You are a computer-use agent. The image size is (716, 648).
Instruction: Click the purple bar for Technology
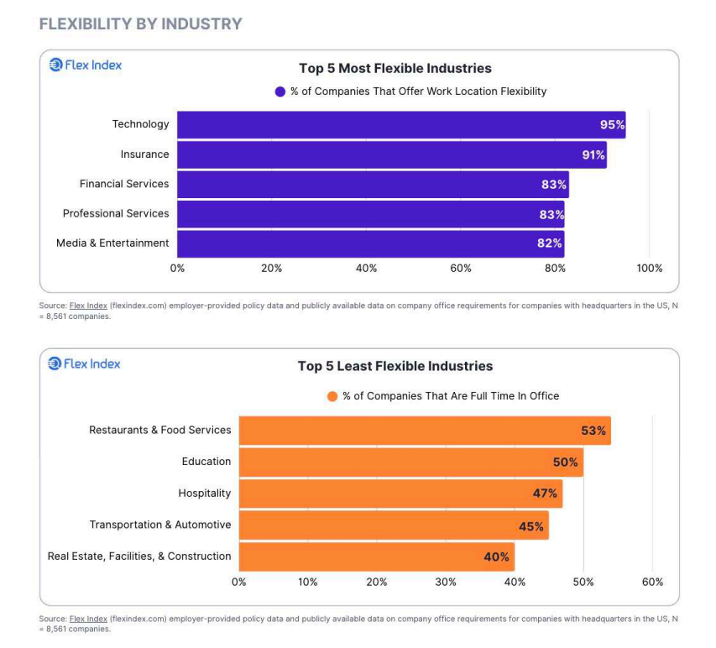[400, 125]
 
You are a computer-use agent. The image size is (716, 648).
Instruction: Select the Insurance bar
[391, 154]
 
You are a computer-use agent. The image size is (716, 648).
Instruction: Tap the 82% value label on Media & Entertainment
[550, 243]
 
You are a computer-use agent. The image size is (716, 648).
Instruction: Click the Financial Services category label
[124, 184]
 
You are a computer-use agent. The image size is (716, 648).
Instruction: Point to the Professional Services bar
[370, 214]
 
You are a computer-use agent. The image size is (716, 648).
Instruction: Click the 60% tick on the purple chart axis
[461, 269]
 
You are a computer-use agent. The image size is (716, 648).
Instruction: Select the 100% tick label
[649, 269]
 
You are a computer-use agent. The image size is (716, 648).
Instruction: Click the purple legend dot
[280, 91]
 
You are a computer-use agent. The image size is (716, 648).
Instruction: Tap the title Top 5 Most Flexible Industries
[395, 69]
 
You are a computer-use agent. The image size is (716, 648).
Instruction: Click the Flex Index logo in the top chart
[85, 65]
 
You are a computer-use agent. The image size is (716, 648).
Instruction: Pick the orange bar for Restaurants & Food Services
[424, 431]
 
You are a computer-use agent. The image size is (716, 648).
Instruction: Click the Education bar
[410, 462]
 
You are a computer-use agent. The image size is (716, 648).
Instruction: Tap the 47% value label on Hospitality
[545, 494]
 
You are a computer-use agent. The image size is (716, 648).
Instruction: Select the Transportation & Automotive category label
[160, 525]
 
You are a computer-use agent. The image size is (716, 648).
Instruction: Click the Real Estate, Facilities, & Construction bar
[376, 557]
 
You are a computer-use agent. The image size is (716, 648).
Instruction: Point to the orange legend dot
[332, 396]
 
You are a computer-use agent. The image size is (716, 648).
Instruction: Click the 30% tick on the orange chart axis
[446, 582]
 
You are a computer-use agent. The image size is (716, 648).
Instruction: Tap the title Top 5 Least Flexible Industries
[395, 366]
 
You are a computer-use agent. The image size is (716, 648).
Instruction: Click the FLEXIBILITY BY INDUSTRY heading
[140, 24]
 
